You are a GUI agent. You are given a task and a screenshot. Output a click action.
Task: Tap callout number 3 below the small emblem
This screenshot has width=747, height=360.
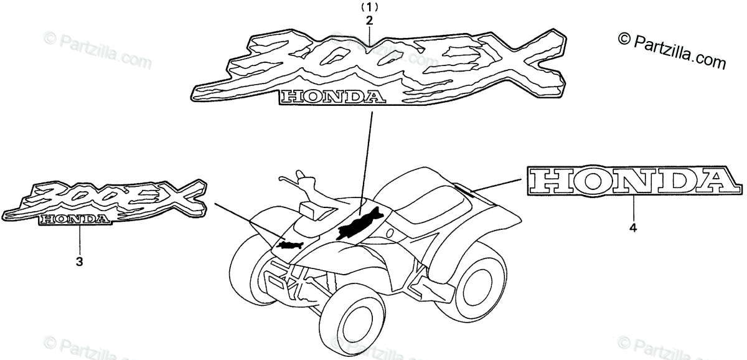(x=79, y=262)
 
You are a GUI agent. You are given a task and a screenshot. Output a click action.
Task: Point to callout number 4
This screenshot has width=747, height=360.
(x=633, y=229)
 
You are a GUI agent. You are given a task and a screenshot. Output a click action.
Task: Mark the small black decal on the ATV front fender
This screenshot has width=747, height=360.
(x=291, y=245)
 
